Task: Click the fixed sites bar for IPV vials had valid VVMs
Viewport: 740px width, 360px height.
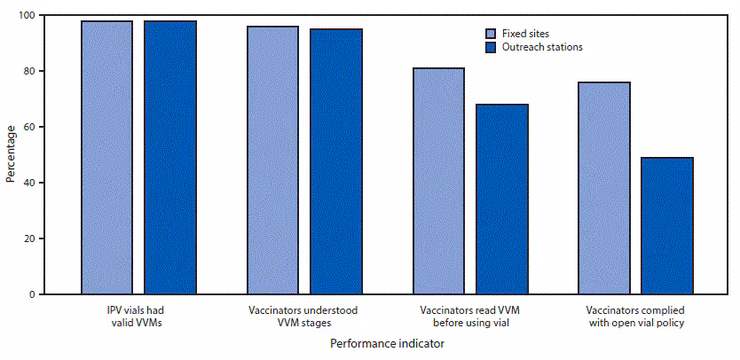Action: pyautogui.click(x=106, y=157)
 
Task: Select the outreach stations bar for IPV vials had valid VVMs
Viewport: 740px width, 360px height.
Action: pyautogui.click(x=170, y=157)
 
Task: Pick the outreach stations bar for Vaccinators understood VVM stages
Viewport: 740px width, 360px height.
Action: pyautogui.click(x=336, y=161)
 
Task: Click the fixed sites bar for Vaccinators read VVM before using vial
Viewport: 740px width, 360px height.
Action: pyautogui.click(x=438, y=181)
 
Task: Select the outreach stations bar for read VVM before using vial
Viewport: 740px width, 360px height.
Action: pyautogui.click(x=502, y=199)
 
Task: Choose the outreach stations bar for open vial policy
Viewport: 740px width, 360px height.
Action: pyautogui.click(x=667, y=225)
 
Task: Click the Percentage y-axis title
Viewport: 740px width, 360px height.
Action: pyautogui.click(x=10, y=155)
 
